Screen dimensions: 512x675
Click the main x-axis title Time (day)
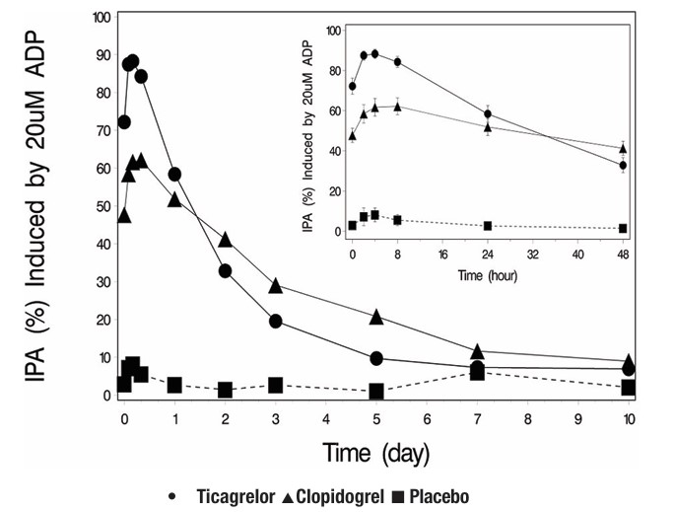point(373,452)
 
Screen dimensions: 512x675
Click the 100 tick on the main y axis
point(99,18)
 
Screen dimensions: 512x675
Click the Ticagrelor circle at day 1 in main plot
point(174,174)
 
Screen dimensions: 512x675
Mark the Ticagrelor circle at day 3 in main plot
point(276,321)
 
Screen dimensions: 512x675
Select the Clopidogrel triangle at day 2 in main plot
point(226,240)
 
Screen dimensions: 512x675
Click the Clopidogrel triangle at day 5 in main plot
point(376,317)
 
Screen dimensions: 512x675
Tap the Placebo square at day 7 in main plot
point(478,372)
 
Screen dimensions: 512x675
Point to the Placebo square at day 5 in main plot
point(376,391)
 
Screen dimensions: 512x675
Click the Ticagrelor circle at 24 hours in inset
point(488,114)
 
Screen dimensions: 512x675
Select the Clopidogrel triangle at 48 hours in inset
point(623,149)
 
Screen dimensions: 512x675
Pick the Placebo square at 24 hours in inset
point(488,226)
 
